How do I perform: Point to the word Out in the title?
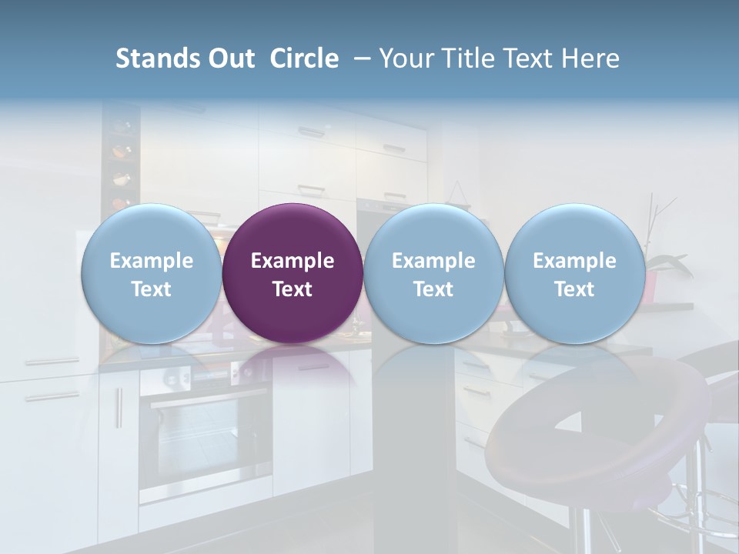[x=229, y=58]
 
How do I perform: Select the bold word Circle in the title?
[x=304, y=58]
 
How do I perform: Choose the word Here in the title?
[x=590, y=58]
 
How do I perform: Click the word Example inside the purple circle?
[x=293, y=261]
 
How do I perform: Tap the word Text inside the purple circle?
[x=293, y=289]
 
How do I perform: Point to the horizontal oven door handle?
[x=208, y=399]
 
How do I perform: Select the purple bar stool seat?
[x=600, y=431]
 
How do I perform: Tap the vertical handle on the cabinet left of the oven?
[x=119, y=408]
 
